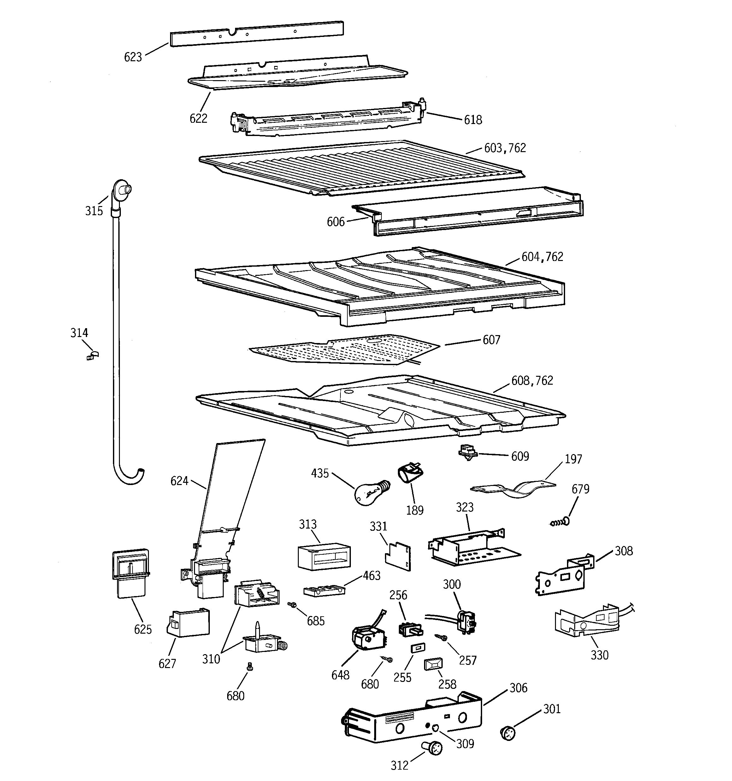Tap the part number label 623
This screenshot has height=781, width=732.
click(133, 57)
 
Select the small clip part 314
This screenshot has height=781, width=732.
click(93, 356)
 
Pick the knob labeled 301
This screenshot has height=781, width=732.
click(508, 733)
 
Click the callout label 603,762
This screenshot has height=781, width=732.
click(505, 148)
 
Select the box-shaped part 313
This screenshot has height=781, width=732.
click(324, 556)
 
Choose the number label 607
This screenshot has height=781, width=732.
click(491, 340)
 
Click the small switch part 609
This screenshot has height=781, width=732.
click(468, 453)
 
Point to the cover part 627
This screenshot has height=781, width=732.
click(188, 623)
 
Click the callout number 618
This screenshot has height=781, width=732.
click(473, 120)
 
